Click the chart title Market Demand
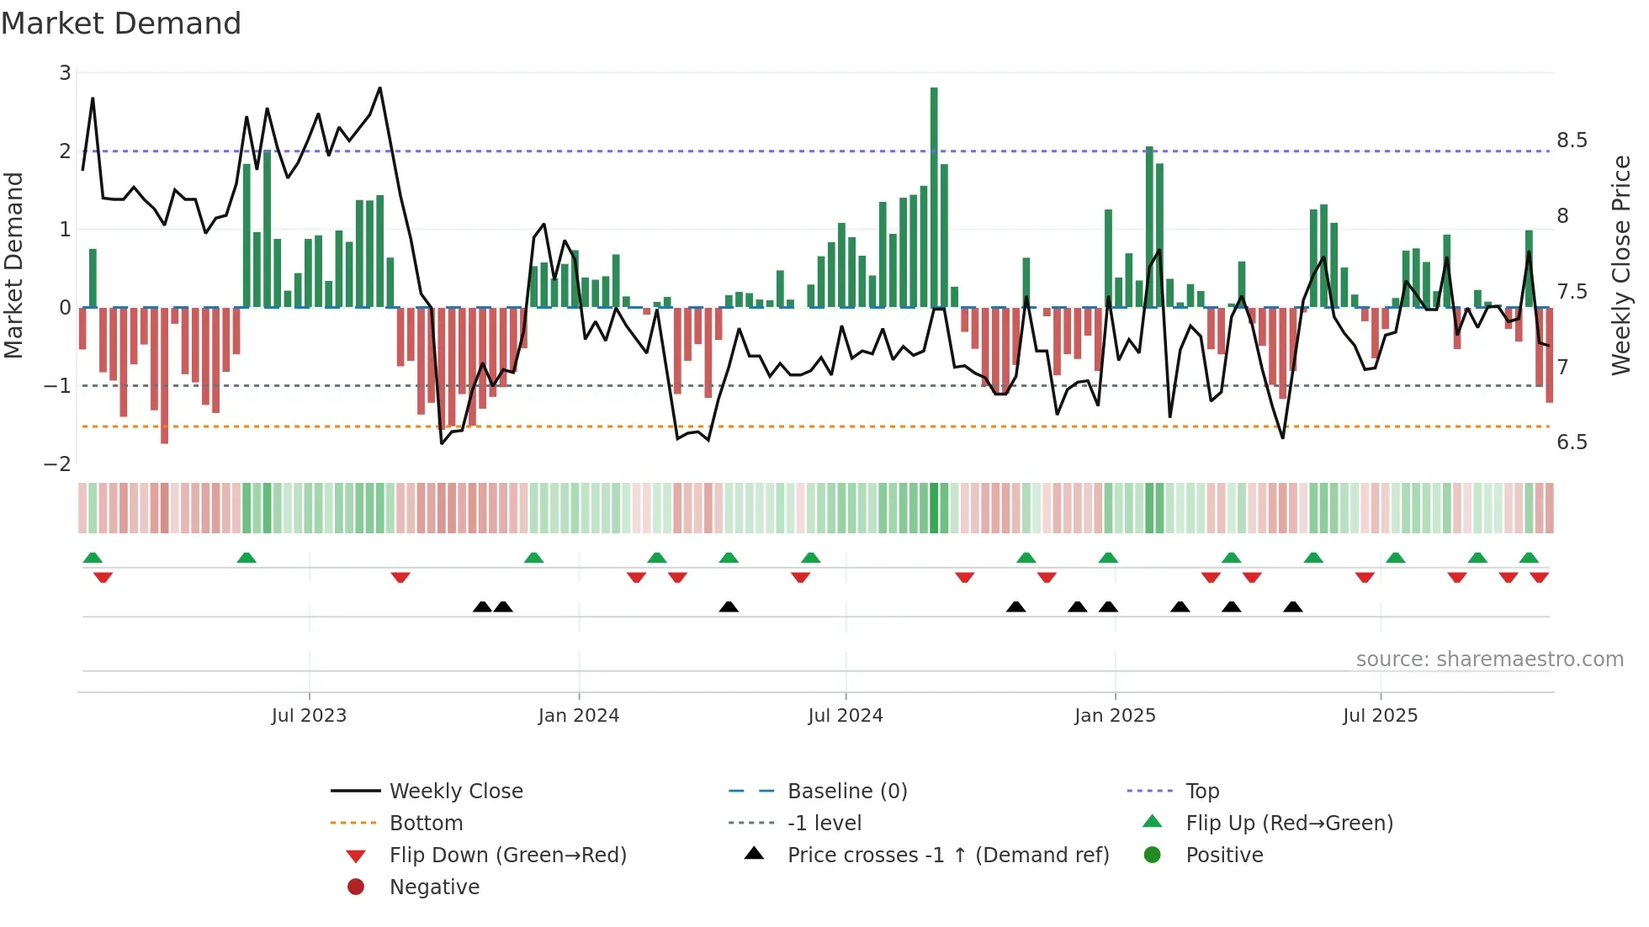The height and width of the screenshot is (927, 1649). (x=121, y=24)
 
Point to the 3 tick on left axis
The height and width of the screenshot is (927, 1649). (x=65, y=73)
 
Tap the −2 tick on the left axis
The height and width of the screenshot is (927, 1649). (x=58, y=464)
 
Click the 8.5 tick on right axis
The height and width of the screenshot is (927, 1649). (x=1572, y=140)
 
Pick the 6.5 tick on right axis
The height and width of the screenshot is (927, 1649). (x=1572, y=442)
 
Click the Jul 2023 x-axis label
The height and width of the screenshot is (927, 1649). (x=309, y=716)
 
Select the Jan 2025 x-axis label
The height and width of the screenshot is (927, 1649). (x=1115, y=716)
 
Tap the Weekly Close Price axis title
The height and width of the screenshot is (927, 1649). (x=1620, y=265)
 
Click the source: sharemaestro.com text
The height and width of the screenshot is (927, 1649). (x=1489, y=659)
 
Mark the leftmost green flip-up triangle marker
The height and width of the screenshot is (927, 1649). (x=93, y=558)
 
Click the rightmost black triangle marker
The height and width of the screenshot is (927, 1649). (x=1293, y=607)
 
